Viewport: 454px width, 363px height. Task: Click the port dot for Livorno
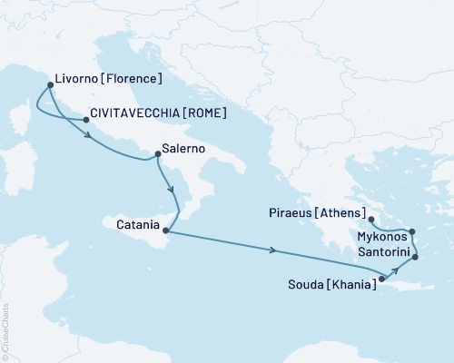pyautogui.click(x=49, y=86)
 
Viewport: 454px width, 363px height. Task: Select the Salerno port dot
pyautogui.click(x=158, y=153)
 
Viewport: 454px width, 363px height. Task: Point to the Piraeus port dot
pyautogui.click(x=371, y=219)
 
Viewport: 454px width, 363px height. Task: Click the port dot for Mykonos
pyautogui.click(x=412, y=231)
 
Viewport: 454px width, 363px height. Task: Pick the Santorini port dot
pyautogui.click(x=415, y=258)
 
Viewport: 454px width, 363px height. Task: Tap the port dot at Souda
pyautogui.click(x=381, y=280)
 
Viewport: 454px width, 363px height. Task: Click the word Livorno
pyautogui.click(x=77, y=79)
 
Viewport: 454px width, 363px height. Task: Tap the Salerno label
pyautogui.click(x=183, y=147)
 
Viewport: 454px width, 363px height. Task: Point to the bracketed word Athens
pyautogui.click(x=345, y=215)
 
